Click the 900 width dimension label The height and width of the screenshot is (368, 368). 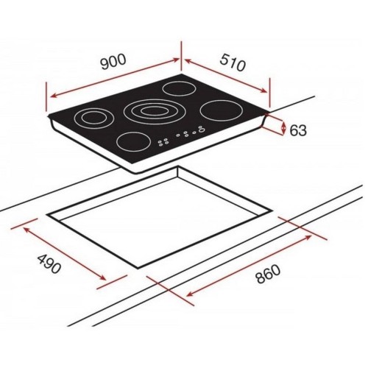[113, 62]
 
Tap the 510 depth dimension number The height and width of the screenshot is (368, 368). [232, 63]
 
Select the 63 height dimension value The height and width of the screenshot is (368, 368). [298, 130]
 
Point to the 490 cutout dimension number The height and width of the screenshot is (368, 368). [49, 263]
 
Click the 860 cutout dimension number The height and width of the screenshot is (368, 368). [267, 274]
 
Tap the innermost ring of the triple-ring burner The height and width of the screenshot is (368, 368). [155, 111]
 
